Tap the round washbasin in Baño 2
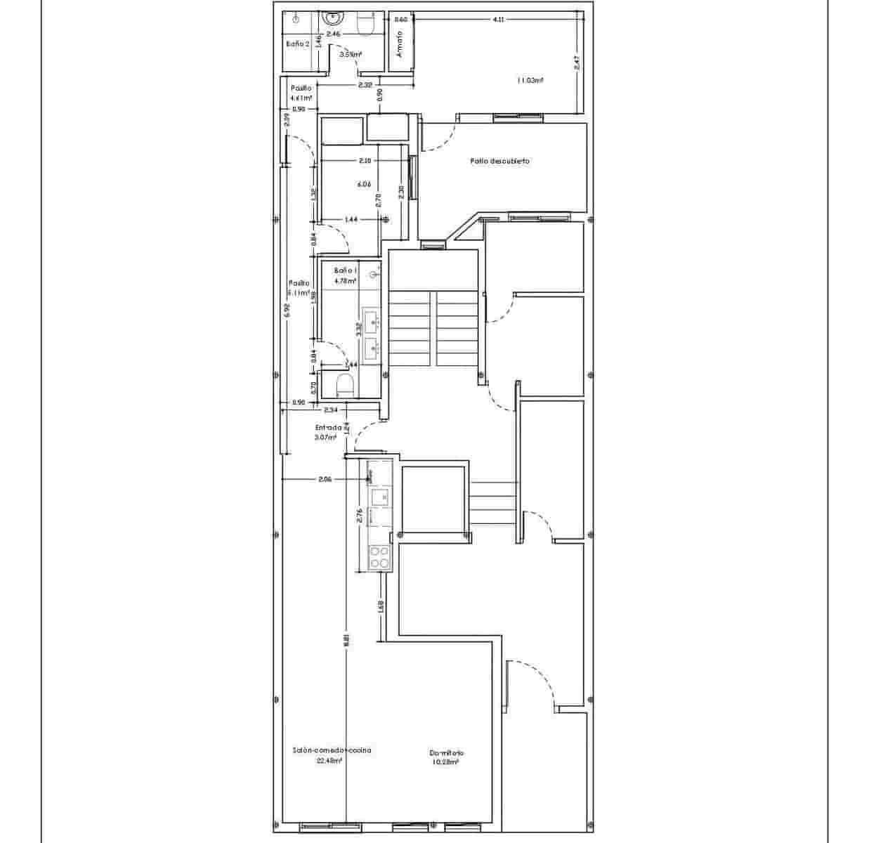pyautogui.click(x=332, y=17)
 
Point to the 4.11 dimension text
pyautogui.click(x=498, y=20)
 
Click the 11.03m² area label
pyautogui.click(x=530, y=81)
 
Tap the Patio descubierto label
pyautogui.click(x=499, y=161)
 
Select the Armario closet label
pyautogui.click(x=400, y=46)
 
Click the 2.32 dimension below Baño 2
pyautogui.click(x=365, y=86)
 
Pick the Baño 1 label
pyautogui.click(x=346, y=270)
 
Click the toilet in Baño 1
pyautogui.click(x=344, y=386)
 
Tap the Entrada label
pyautogui.click(x=328, y=427)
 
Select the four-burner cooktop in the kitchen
pyautogui.click(x=380, y=557)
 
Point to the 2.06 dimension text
pyautogui.click(x=325, y=479)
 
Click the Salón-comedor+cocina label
pyautogui.click(x=332, y=750)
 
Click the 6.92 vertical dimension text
pyautogui.click(x=286, y=309)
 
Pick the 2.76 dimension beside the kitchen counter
pyautogui.click(x=360, y=516)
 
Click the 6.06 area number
pyautogui.click(x=363, y=185)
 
